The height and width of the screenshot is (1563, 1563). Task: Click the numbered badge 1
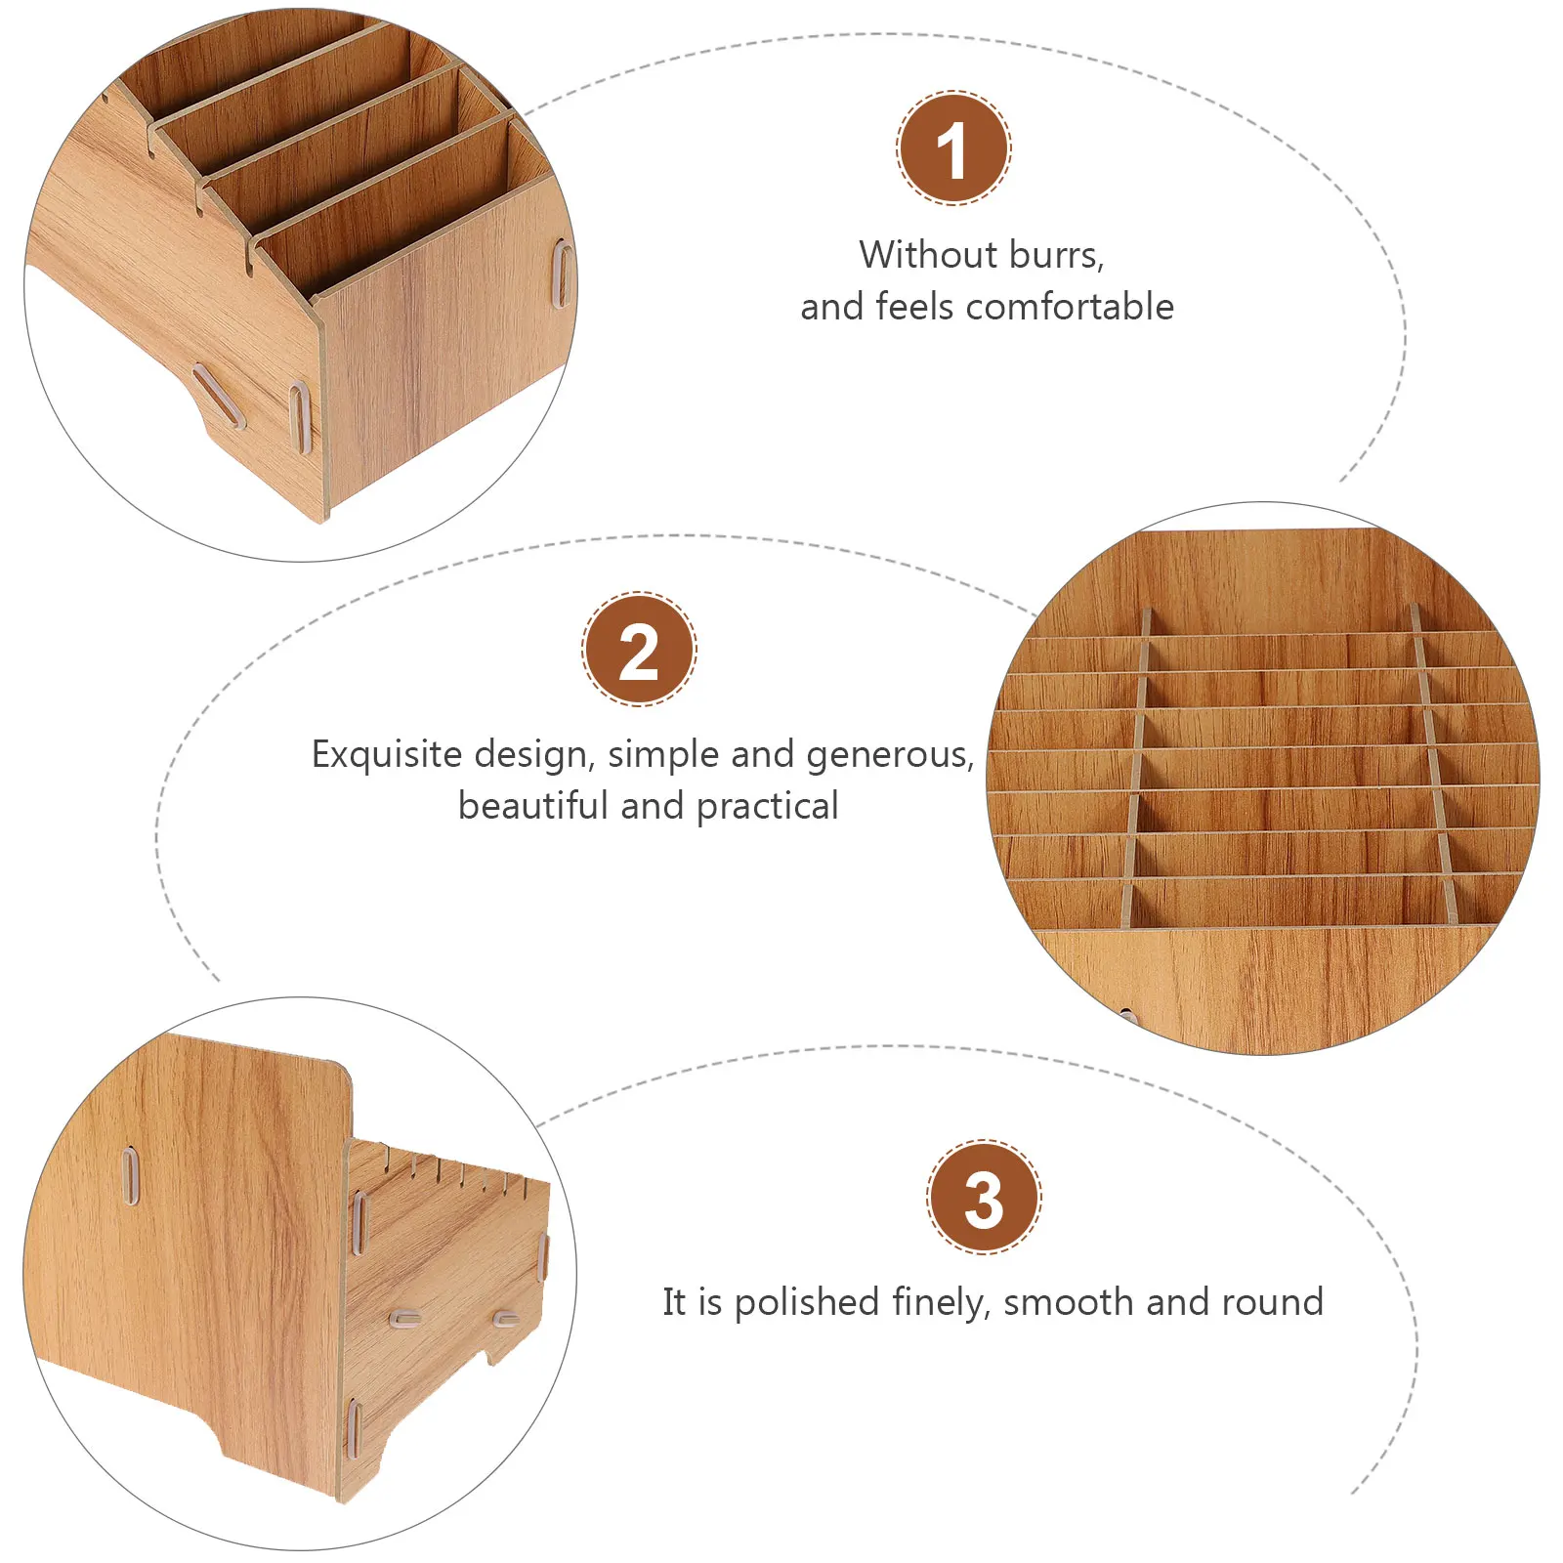953,148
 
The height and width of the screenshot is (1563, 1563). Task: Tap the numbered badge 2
639,650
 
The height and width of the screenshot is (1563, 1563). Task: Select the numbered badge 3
984,1198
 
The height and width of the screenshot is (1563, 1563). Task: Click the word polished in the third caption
807,1302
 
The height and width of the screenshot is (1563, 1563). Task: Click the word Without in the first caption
926,255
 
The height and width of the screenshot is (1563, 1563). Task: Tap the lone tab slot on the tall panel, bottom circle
129,1176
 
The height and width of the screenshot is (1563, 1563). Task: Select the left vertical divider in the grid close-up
1136,772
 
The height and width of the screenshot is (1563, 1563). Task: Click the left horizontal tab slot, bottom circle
405,1319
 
